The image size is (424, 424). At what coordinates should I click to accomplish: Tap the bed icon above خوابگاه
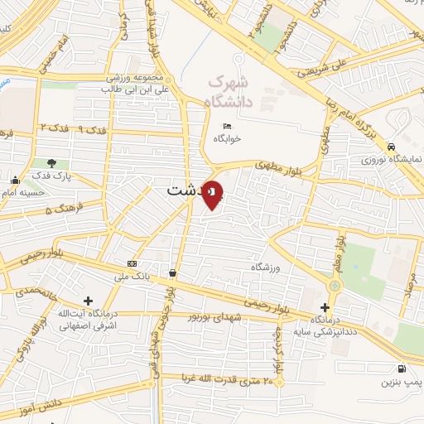(x=226, y=127)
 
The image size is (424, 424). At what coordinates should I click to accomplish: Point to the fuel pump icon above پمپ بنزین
(x=402, y=369)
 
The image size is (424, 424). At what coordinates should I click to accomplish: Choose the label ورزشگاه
(x=268, y=267)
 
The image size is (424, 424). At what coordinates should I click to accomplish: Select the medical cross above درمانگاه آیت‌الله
(x=88, y=301)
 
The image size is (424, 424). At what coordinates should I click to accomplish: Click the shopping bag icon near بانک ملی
(x=172, y=272)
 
